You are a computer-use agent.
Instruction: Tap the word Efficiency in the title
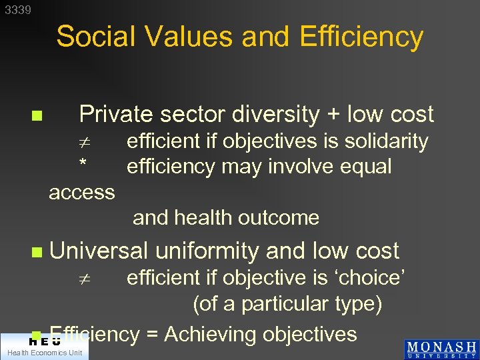(x=361, y=37)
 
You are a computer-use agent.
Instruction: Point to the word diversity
(x=273, y=115)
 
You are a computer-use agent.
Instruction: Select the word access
(x=82, y=193)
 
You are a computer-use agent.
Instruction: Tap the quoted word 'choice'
(x=373, y=277)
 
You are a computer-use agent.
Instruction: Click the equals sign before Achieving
(x=152, y=334)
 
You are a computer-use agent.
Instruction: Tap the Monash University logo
(x=441, y=349)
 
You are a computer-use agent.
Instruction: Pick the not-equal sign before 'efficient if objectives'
(x=83, y=142)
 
